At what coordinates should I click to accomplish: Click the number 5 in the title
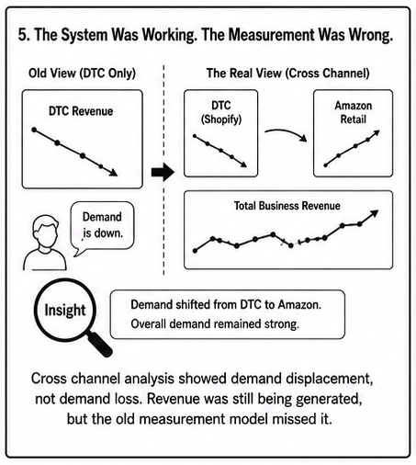[x=23, y=34]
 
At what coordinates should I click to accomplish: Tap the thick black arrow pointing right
[x=163, y=172]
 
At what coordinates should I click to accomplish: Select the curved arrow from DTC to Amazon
[x=287, y=133]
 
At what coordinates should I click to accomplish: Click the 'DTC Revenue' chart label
[x=81, y=111]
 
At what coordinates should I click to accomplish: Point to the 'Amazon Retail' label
[x=354, y=112]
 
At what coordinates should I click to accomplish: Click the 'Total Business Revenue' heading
[x=287, y=206]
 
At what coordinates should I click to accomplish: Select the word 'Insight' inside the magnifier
[x=65, y=310]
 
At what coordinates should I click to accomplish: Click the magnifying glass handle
[x=100, y=344]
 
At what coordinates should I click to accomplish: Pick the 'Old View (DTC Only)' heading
[x=82, y=74]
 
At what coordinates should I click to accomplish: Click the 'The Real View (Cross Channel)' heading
[x=287, y=74]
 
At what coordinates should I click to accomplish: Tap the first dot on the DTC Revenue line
[x=34, y=130]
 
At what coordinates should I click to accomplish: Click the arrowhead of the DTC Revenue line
[x=113, y=173]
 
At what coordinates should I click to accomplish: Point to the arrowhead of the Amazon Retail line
[x=377, y=133]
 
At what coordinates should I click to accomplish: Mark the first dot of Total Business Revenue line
[x=195, y=251]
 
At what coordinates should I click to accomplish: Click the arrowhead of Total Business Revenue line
[x=375, y=213]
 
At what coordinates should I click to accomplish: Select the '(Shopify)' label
[x=221, y=119]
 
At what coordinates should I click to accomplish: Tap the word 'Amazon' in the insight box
[x=299, y=305]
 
